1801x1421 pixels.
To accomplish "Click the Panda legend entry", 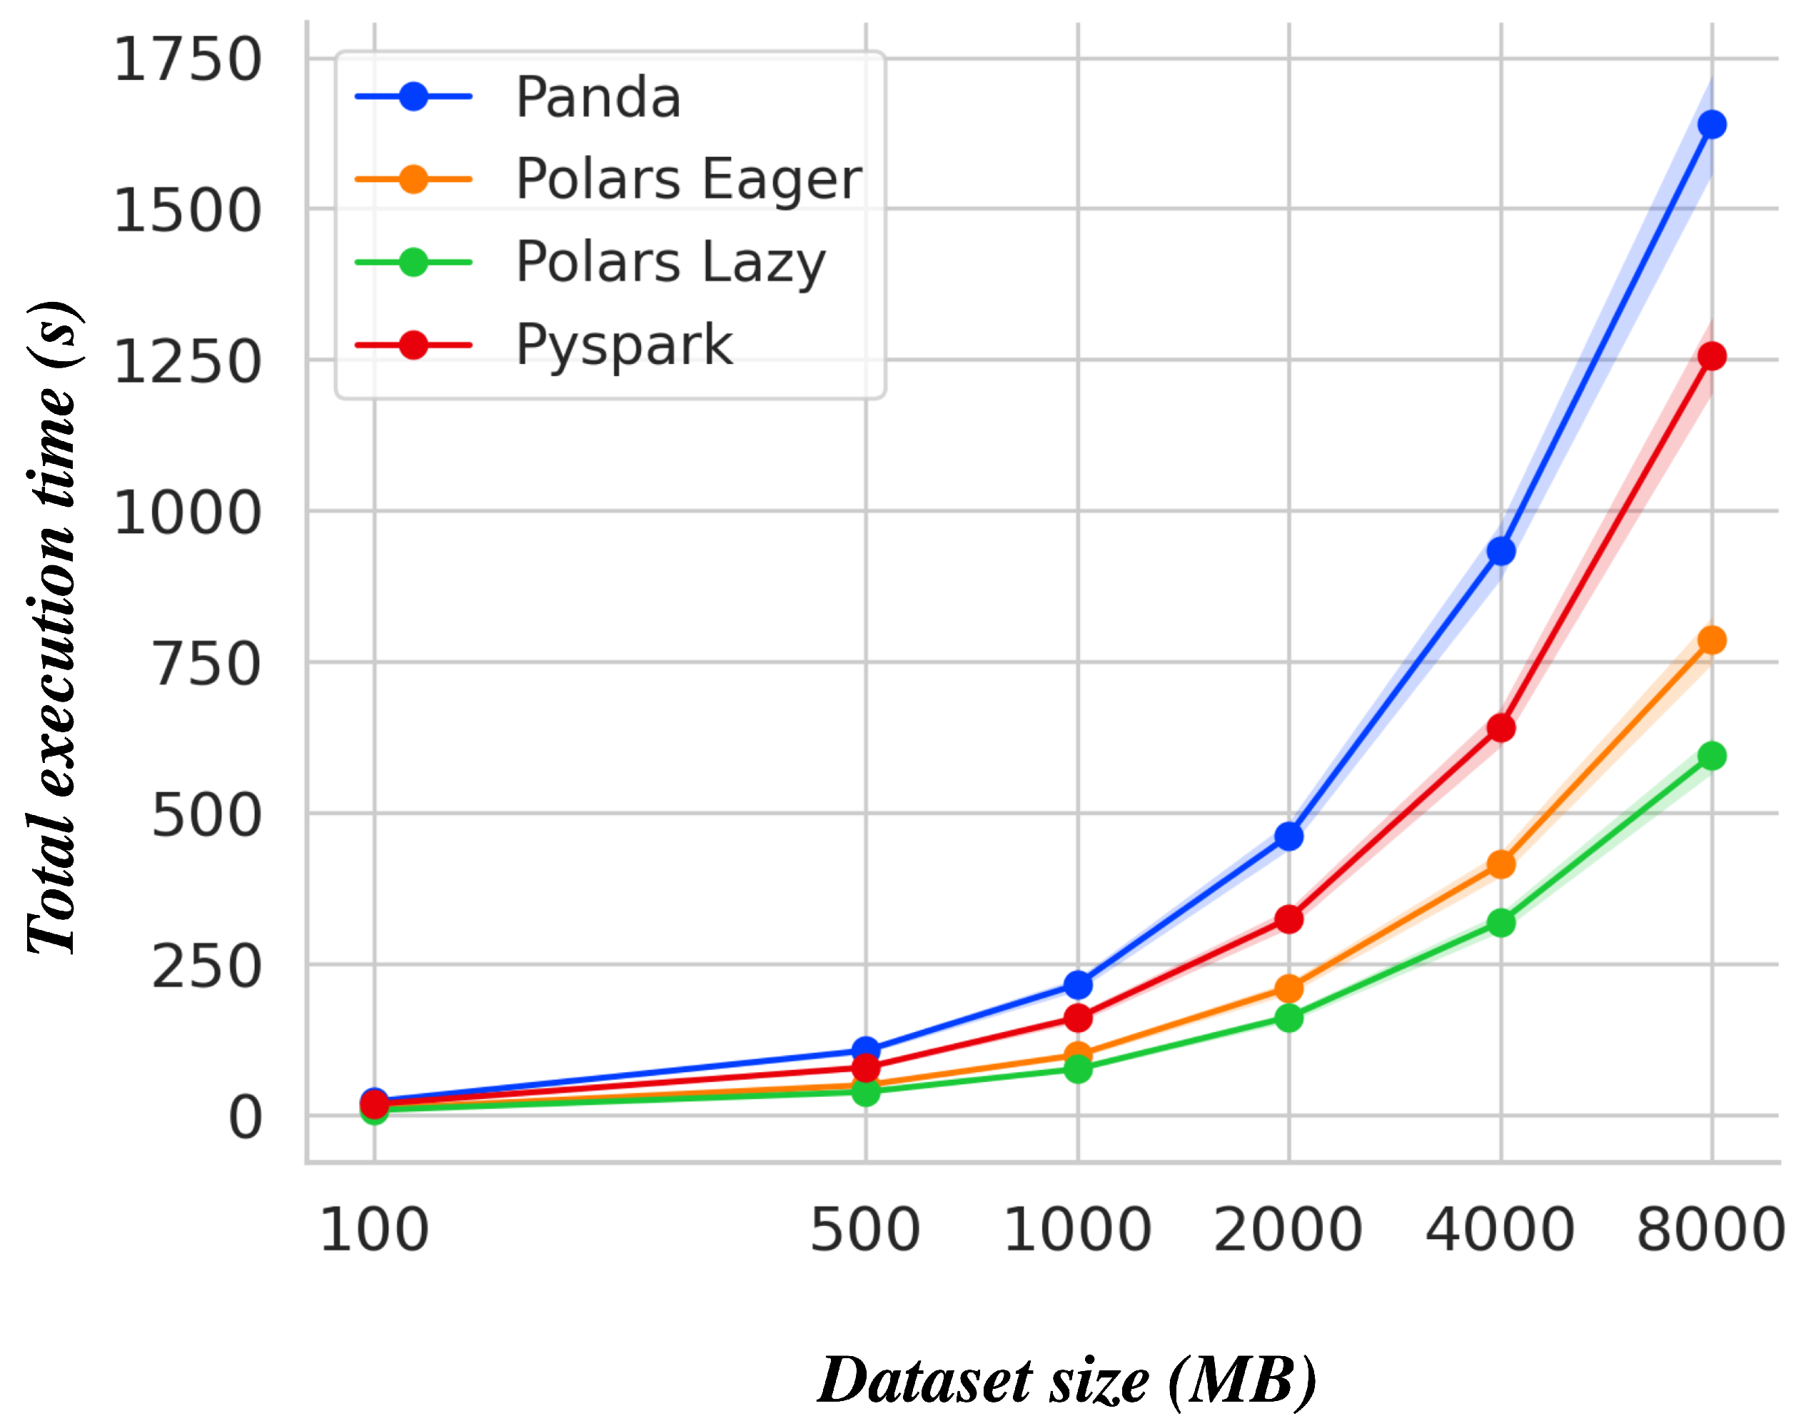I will click(x=597, y=97).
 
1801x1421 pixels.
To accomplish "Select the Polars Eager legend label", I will click(x=688, y=180).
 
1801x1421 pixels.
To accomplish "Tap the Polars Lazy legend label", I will click(x=670, y=262).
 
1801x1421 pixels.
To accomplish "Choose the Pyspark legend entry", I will click(x=623, y=345).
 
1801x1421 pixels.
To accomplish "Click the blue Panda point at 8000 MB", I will click(x=1711, y=125).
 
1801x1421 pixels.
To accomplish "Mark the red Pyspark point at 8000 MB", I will click(x=1711, y=356).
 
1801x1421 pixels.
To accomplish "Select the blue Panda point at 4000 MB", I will click(x=1500, y=551).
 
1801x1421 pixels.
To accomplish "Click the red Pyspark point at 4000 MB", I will click(x=1500, y=728).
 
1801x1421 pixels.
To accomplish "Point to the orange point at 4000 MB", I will click(x=1500, y=864).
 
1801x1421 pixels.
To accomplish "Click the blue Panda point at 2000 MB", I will click(x=1288, y=836).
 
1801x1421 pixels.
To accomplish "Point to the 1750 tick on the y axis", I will click(x=187, y=60).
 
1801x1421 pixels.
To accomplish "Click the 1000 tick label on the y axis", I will click(x=187, y=512).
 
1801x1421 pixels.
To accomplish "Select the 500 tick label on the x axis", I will click(x=865, y=1230).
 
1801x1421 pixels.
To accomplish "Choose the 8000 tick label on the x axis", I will click(x=1710, y=1230).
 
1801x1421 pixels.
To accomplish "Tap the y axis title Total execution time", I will click(x=54, y=628).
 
